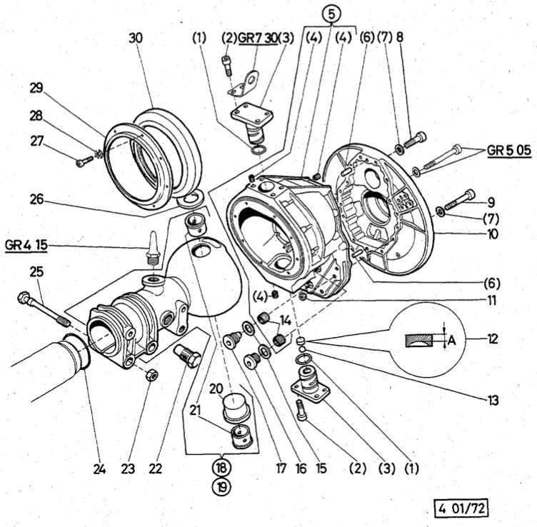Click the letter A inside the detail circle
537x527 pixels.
coord(451,341)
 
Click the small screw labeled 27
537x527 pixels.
coord(80,163)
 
